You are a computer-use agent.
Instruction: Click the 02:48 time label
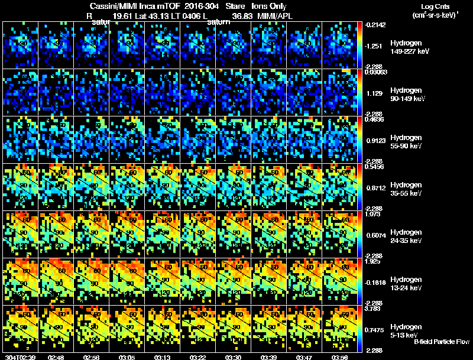56,357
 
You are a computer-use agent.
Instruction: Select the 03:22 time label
197,357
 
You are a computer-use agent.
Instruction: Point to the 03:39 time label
268,357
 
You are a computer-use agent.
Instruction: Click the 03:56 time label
339,357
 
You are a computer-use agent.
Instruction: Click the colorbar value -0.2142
376,25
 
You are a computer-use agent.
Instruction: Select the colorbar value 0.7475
376,329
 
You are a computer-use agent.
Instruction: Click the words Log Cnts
433,5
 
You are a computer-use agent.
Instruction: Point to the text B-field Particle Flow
441,342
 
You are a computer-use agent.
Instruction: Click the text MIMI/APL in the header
272,17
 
